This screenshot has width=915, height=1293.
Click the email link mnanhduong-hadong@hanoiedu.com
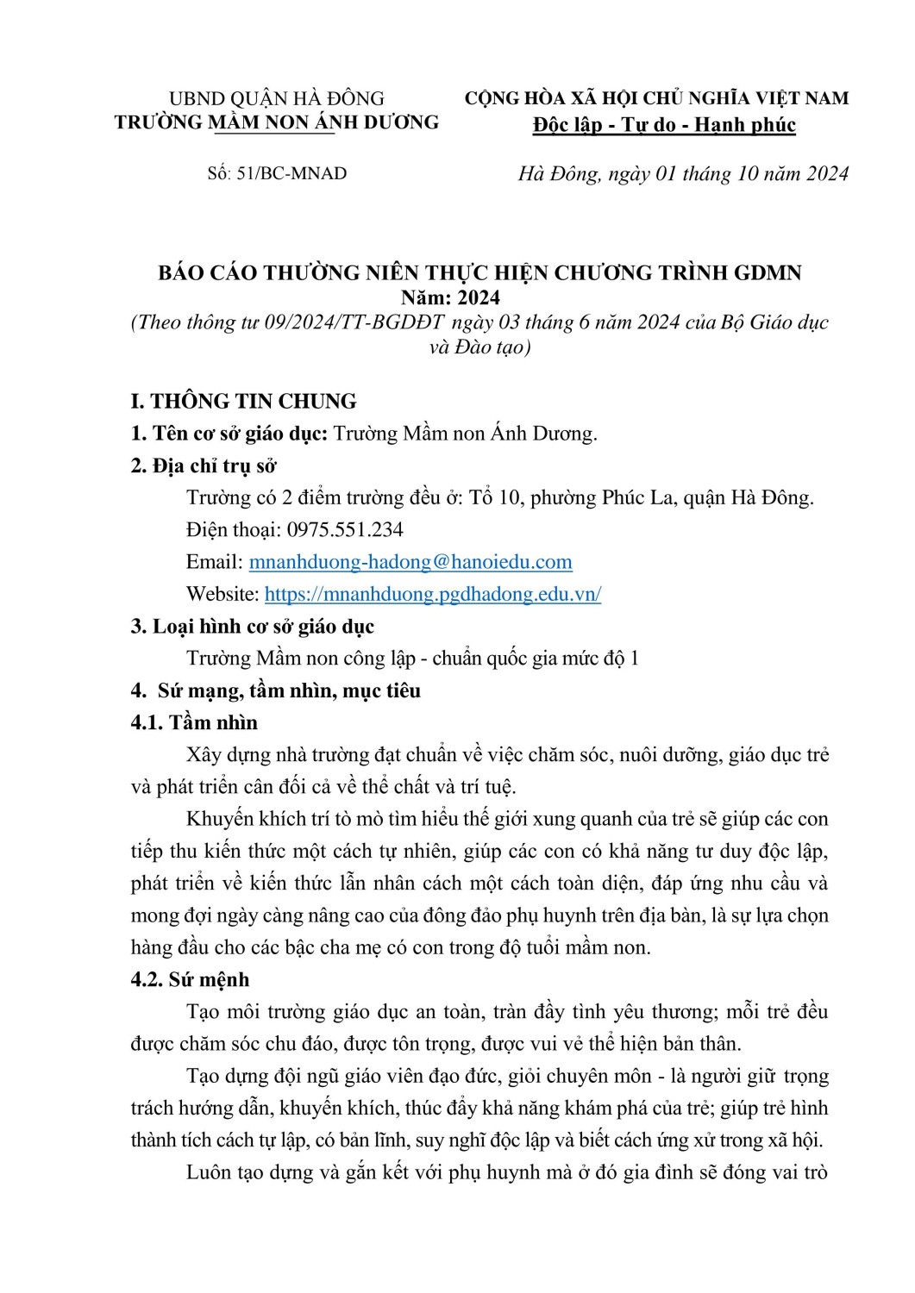[410, 562]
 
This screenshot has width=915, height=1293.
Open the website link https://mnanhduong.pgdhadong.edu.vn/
[433, 594]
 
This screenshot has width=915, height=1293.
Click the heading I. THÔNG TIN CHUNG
[243, 401]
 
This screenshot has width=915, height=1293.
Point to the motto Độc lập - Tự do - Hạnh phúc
[664, 125]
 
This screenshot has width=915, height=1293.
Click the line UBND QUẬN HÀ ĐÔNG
[277, 99]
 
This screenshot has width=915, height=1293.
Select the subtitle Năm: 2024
[450, 297]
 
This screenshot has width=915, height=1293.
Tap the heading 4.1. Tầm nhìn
[194, 722]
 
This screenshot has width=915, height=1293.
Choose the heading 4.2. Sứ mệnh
[190, 979]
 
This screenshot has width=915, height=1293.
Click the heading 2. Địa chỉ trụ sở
[204, 465]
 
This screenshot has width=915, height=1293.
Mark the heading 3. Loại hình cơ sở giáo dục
[253, 627]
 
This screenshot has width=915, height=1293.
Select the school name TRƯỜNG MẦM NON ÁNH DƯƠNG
[277, 122]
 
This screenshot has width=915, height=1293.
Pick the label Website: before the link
[222, 594]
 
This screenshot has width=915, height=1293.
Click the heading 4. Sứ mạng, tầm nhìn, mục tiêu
[276, 690]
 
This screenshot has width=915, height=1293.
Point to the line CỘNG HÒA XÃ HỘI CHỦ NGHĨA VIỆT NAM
[657, 99]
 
